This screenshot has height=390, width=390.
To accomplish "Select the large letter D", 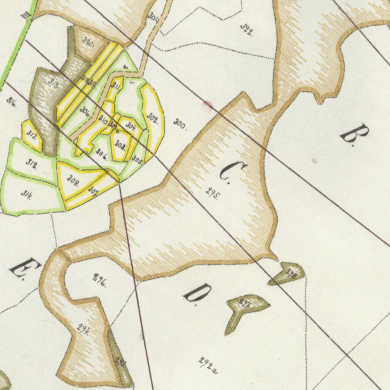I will tap(197, 292).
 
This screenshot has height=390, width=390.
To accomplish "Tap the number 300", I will tap(180, 124).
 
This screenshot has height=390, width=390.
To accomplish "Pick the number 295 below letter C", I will tap(213, 193).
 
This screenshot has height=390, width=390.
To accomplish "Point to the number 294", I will tap(83, 328).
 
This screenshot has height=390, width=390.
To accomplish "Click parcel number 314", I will tap(26, 194).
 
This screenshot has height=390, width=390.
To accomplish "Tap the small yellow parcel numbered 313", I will tap(32, 136).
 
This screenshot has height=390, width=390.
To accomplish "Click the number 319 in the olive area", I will tap(53, 82).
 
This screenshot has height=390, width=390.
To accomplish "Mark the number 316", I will tap(11, 102).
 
